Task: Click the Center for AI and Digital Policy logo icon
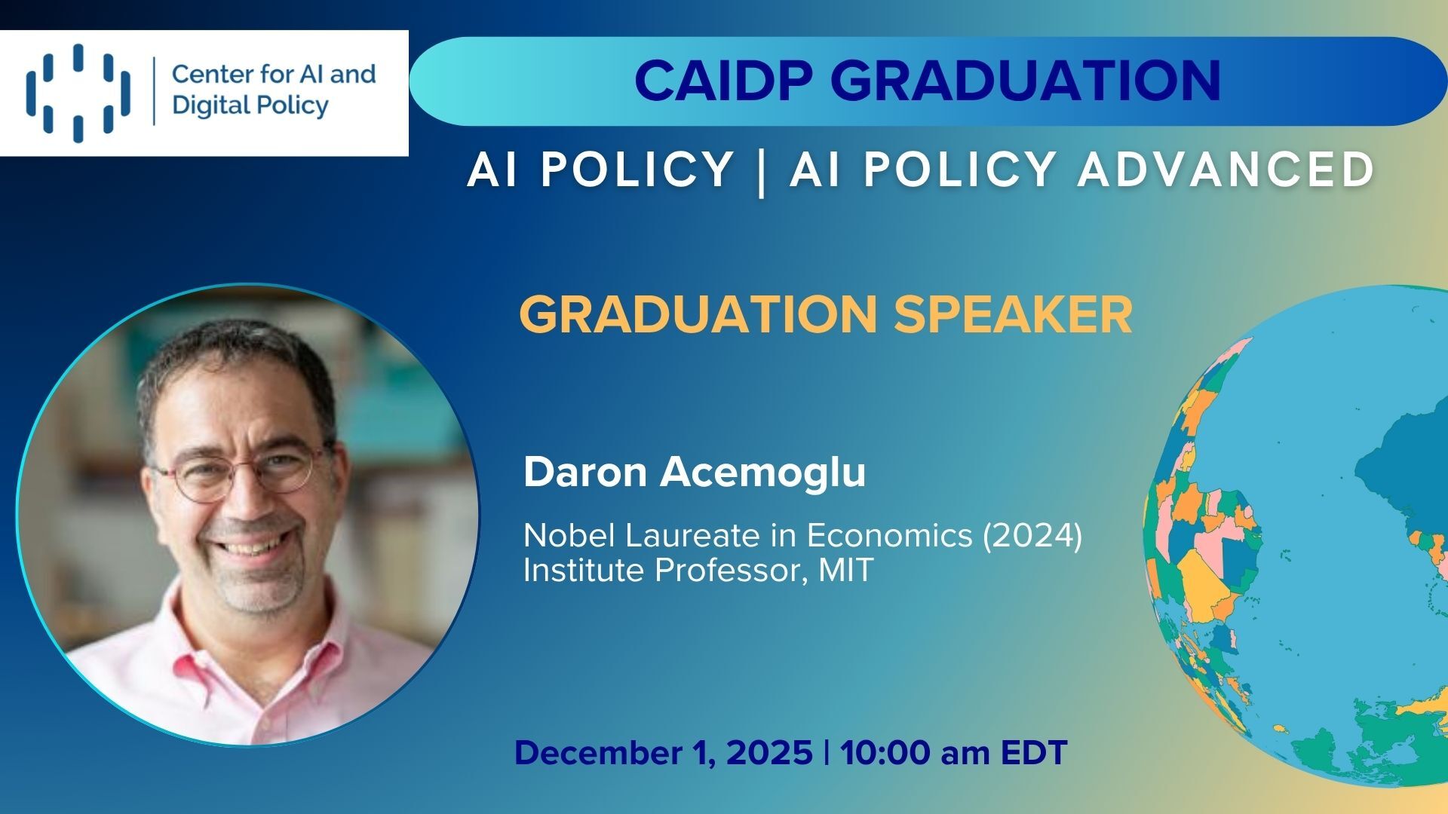coord(78,93)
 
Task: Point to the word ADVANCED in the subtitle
coord(1226,169)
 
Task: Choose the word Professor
coord(726,571)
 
